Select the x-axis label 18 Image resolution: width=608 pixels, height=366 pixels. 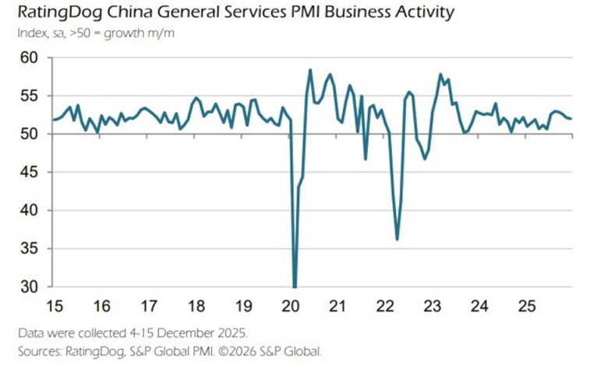click(196, 304)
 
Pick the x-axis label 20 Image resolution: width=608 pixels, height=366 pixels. click(292, 304)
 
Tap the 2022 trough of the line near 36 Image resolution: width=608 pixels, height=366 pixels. click(398, 239)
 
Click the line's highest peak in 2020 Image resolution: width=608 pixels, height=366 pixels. click(310, 70)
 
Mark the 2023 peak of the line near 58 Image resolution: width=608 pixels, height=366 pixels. click(441, 75)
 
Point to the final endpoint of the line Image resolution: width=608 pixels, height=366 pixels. click(572, 118)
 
